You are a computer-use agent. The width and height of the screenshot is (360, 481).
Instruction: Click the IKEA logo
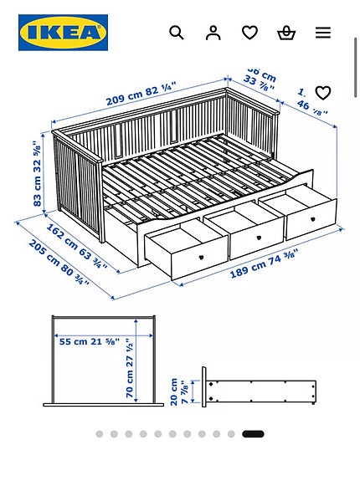(x=63, y=33)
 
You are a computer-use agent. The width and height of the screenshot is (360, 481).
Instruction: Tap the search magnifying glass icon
(x=177, y=33)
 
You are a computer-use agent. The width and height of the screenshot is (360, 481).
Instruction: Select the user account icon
(x=213, y=33)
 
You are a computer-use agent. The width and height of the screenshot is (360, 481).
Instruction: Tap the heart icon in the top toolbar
(x=249, y=33)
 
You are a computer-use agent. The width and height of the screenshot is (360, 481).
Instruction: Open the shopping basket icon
(x=286, y=33)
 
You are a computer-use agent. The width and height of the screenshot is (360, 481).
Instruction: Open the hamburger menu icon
(x=323, y=33)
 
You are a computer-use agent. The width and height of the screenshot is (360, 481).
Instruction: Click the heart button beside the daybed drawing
(x=323, y=93)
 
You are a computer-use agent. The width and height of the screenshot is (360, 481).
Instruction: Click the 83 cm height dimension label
(x=38, y=173)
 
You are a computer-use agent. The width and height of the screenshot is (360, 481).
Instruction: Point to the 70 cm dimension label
(x=130, y=367)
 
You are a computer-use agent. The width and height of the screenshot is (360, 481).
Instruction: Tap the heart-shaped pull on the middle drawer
(x=259, y=237)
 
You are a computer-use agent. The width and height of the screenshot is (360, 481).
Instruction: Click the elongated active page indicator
(x=253, y=434)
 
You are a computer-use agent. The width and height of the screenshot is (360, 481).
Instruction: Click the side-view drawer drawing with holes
(x=260, y=391)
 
